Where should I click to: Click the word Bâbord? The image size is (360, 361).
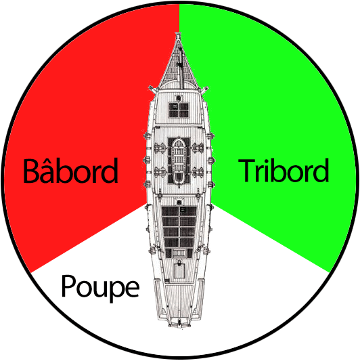70,171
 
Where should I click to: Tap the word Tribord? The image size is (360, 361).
284,170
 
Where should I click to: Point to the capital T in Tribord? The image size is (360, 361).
246,171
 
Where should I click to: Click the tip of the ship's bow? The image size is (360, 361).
178,33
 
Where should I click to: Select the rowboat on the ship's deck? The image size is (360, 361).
179,161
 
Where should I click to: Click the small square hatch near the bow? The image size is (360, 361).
179,110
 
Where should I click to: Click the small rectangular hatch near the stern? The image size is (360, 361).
179,270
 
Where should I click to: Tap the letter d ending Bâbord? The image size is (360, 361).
109,171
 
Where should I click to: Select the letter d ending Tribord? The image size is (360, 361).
320,170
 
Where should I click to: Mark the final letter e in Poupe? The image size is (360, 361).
131,289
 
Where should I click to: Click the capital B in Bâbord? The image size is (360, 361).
32,171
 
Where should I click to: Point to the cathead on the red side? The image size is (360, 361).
152,89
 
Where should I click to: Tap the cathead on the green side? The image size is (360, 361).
204,89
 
